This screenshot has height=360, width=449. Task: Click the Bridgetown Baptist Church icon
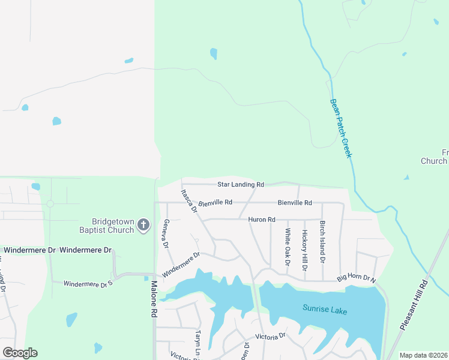143,225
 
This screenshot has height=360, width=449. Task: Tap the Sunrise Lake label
324,311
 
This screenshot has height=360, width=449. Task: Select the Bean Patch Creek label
340,128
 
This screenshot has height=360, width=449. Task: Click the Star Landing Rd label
240,184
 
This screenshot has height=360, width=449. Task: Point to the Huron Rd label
261,220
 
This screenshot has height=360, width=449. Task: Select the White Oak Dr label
288,247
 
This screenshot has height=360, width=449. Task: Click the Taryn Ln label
197,342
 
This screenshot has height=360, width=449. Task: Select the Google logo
20,353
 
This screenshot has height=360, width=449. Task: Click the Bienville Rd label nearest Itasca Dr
215,203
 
